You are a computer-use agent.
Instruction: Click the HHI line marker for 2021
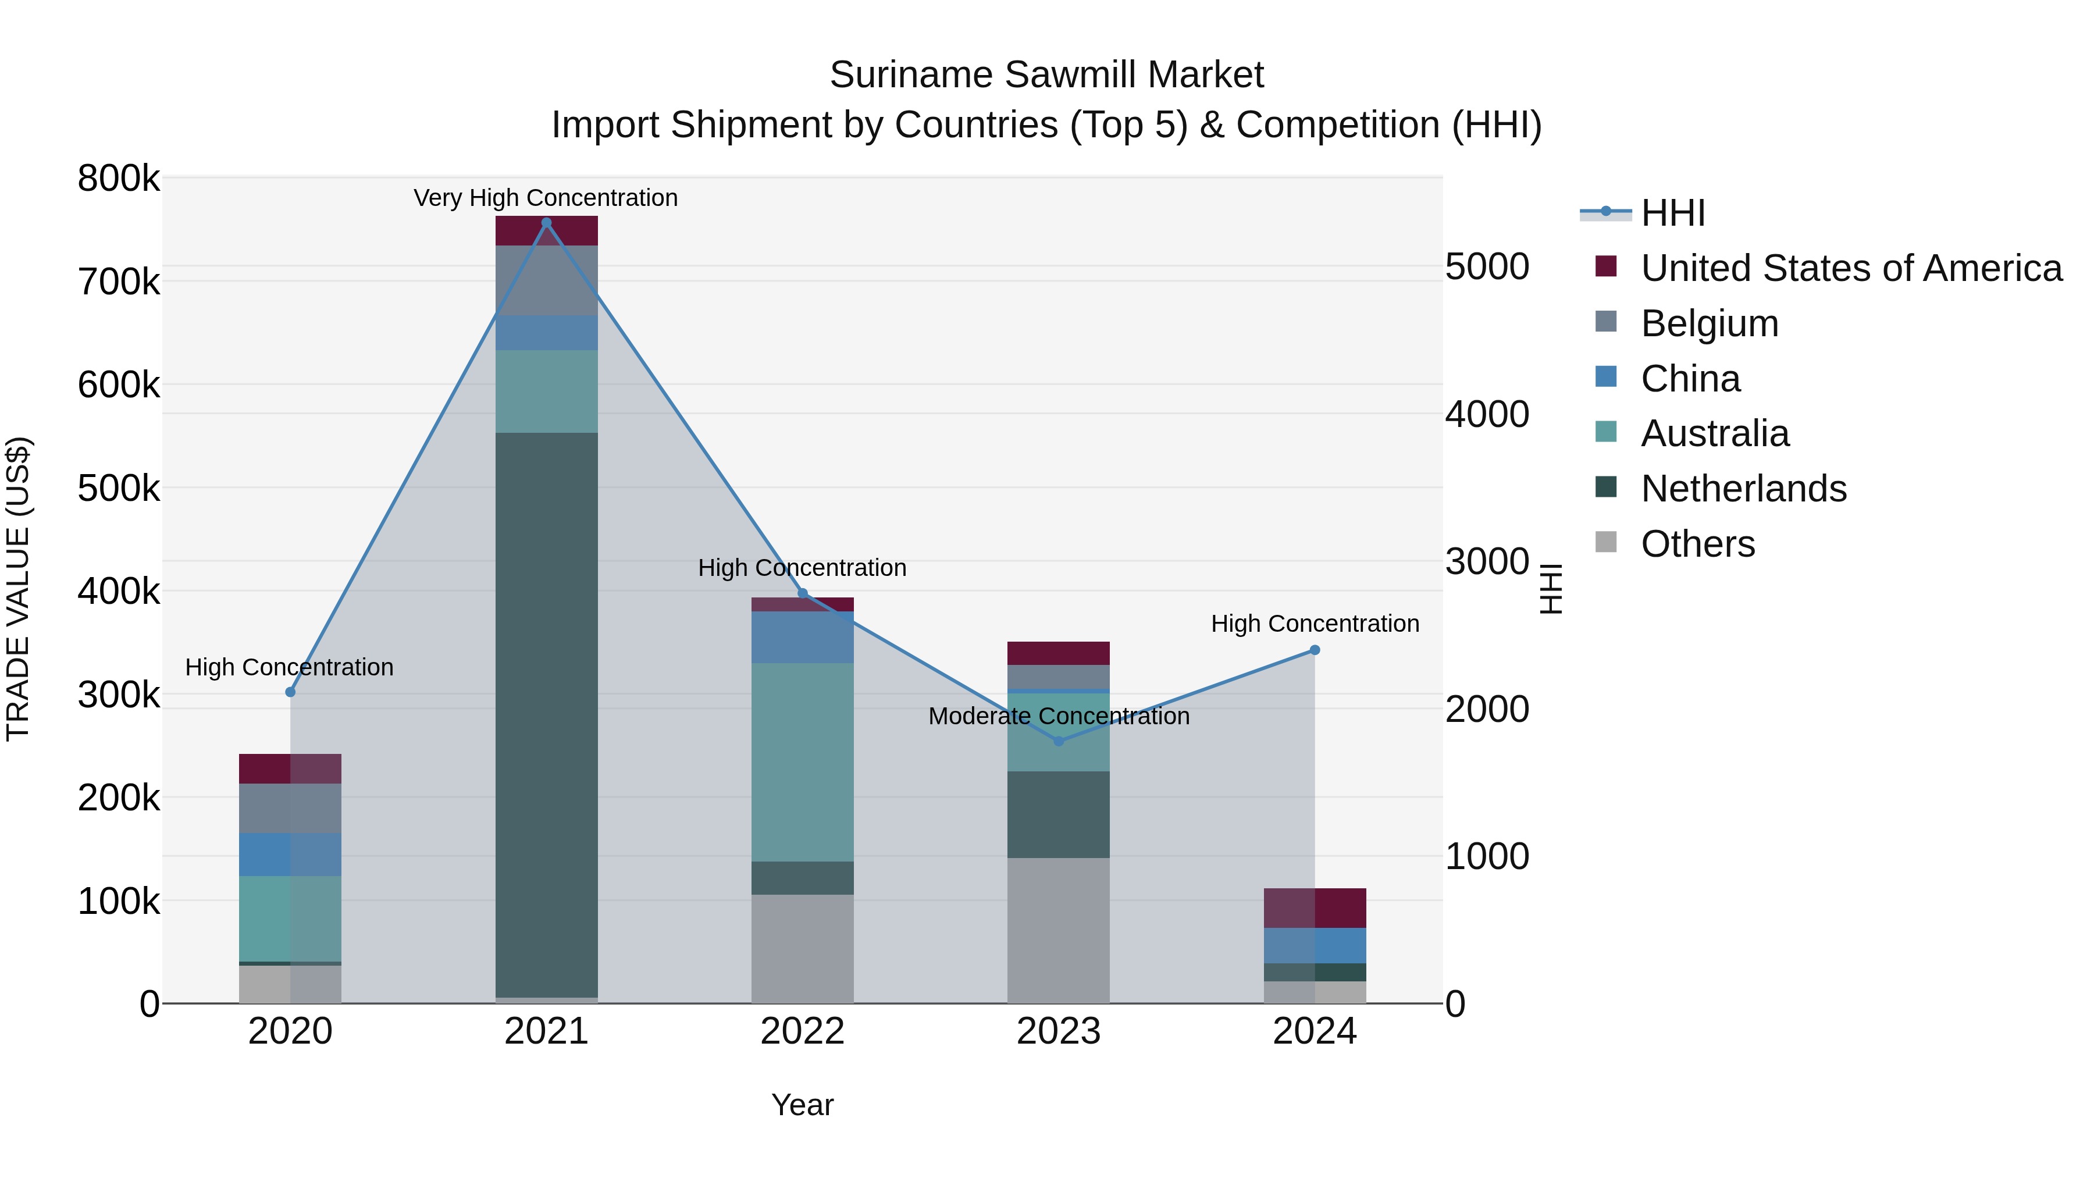coord(546,223)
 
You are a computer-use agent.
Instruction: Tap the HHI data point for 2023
coord(1059,742)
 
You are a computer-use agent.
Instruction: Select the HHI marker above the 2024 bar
coord(1315,650)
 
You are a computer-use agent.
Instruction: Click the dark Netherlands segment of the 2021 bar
coord(546,716)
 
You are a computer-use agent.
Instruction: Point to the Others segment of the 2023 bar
coord(1059,930)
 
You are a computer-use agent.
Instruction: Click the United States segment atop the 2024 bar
coord(1315,908)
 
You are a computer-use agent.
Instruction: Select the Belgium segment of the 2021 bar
coord(546,280)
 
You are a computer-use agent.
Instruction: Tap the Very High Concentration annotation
coord(546,198)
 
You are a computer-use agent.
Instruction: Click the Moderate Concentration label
coord(1059,716)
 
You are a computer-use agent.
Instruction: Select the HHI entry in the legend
coord(1672,213)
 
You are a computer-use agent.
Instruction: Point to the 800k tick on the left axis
coord(119,179)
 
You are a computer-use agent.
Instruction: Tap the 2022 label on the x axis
coord(802,1031)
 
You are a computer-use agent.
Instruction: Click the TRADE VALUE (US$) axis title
coord(19,589)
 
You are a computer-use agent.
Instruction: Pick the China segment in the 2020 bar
coord(290,855)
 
